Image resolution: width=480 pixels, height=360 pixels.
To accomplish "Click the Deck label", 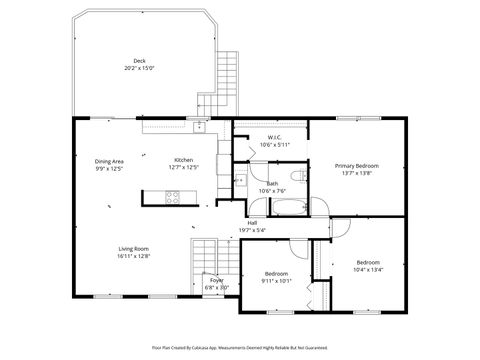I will point(139,61).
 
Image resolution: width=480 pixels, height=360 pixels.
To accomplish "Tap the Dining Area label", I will point(109,161).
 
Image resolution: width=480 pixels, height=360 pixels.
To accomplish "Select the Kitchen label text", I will point(183,161).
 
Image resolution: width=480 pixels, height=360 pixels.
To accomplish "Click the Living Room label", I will point(134,249).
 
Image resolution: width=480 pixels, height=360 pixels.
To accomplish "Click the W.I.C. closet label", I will point(274,137).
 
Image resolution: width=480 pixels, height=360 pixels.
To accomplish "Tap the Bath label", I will point(272,183).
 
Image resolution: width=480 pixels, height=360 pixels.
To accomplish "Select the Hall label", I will point(252,222).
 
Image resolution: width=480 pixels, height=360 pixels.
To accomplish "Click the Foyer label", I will point(216,281).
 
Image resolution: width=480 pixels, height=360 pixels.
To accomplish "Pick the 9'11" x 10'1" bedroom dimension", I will point(277,281).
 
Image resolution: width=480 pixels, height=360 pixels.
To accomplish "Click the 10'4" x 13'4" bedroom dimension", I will point(368,270).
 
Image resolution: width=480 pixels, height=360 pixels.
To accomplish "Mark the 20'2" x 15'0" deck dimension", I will point(139,68).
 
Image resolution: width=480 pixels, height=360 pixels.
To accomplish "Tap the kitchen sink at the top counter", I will point(199,127).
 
